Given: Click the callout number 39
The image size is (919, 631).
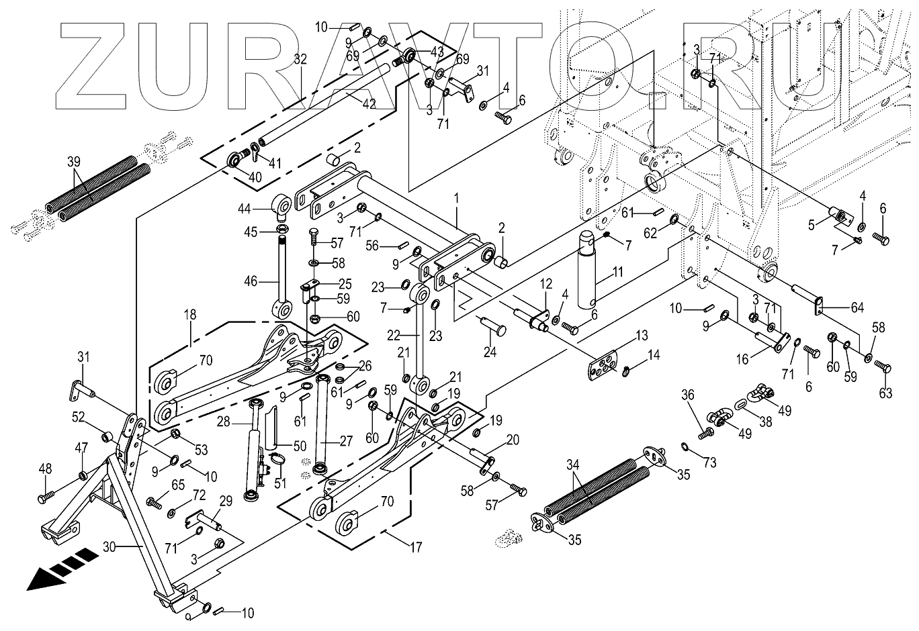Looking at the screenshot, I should (74, 161).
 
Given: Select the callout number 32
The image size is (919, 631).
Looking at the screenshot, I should (300, 59).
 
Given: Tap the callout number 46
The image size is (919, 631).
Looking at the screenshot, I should (251, 282).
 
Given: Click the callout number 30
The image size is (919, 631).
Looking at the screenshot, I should (110, 547).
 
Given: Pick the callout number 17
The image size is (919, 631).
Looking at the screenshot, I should (416, 548).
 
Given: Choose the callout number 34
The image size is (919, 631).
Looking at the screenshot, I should (572, 464).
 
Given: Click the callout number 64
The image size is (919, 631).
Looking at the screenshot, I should (857, 308).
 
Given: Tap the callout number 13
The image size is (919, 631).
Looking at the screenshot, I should (642, 335).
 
